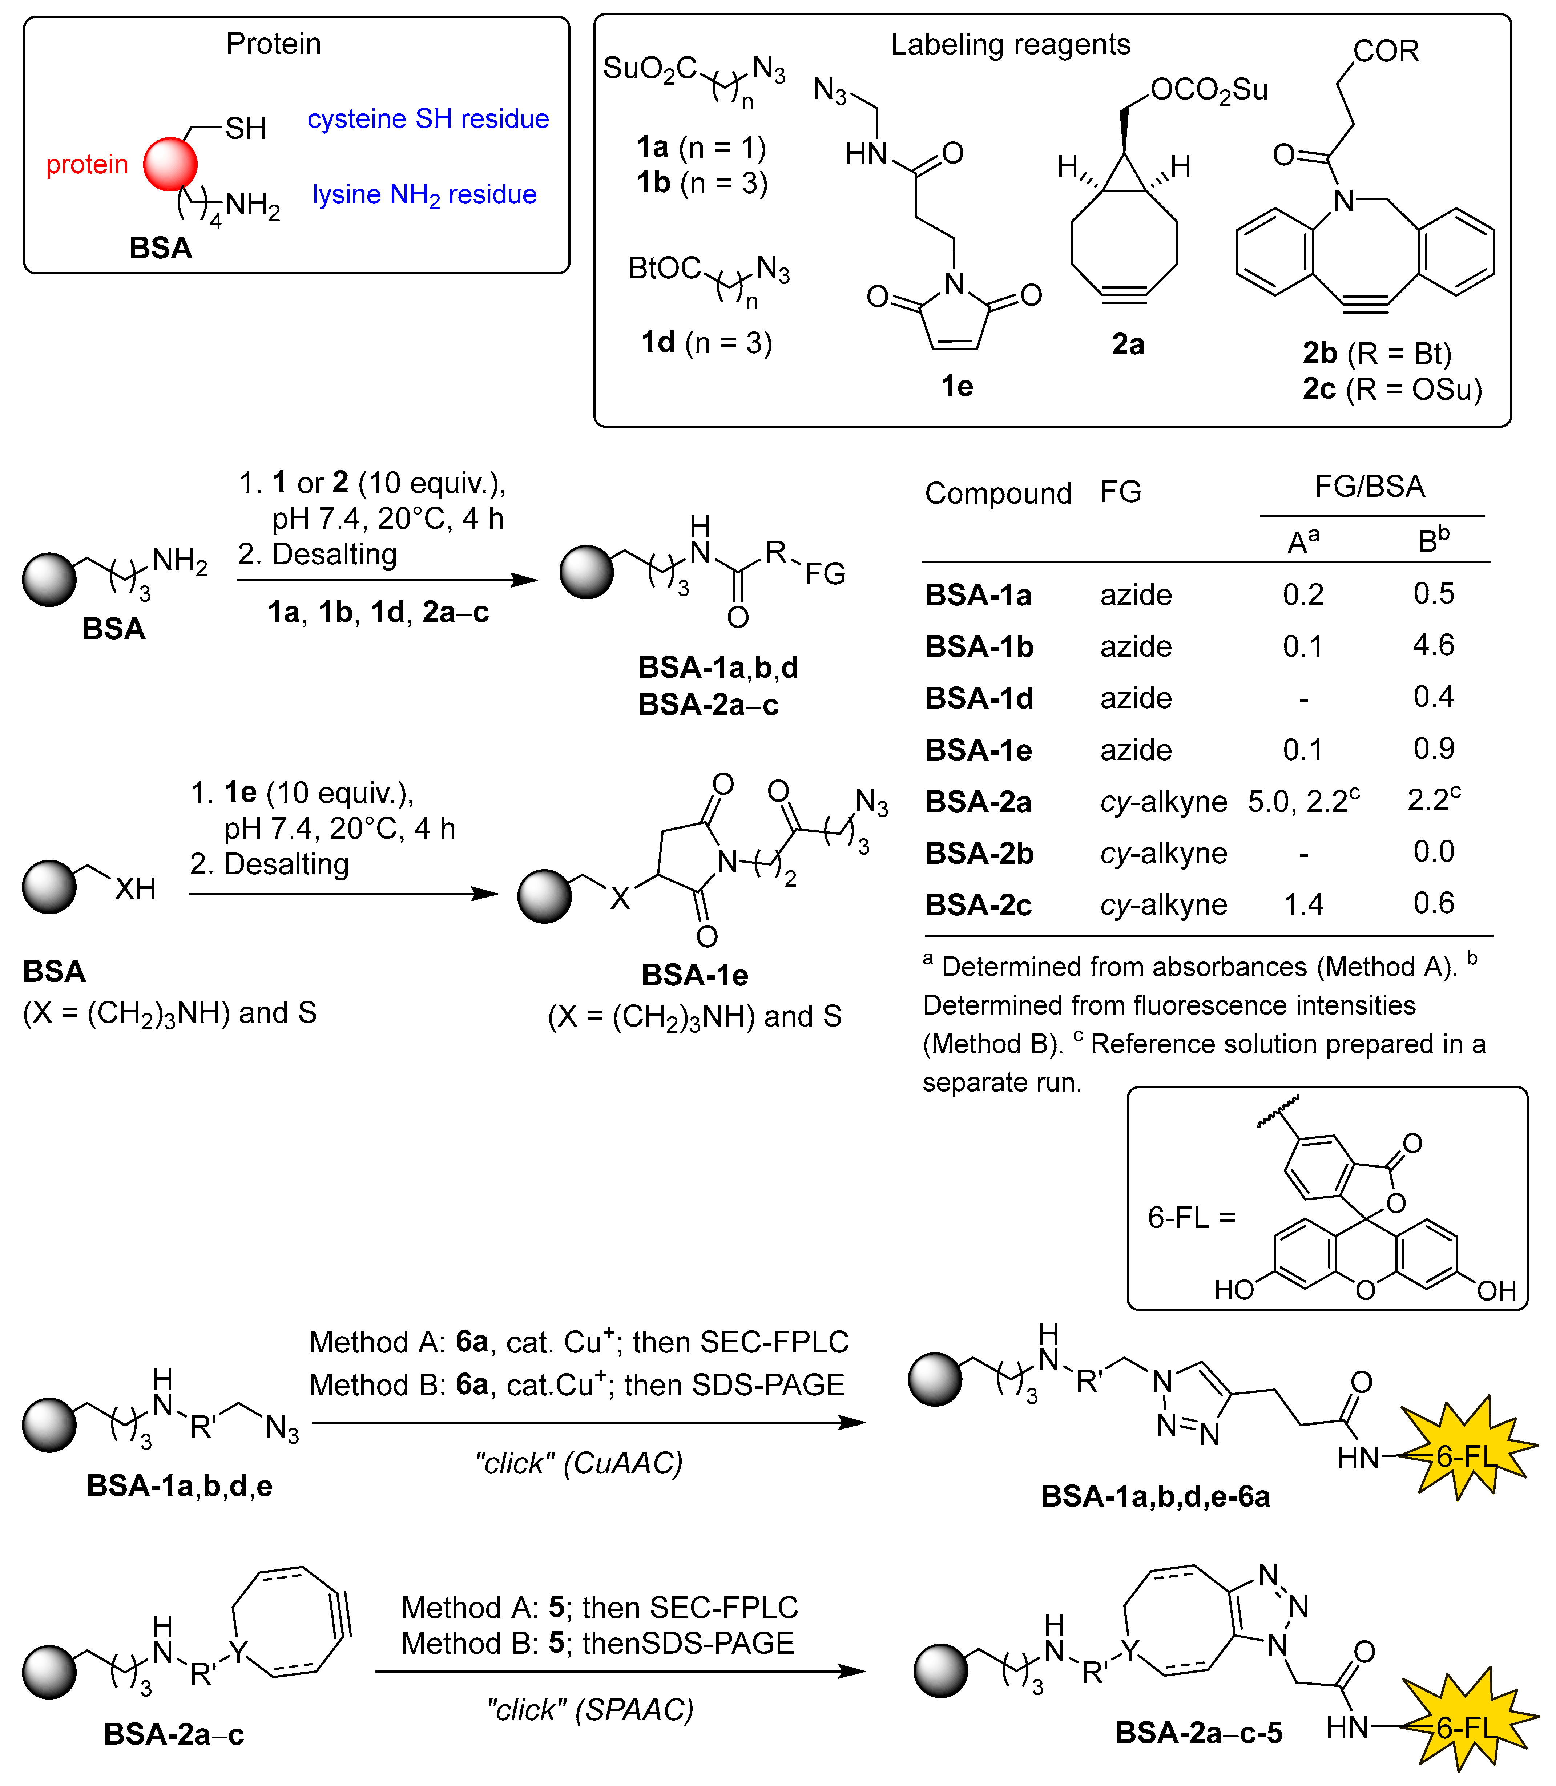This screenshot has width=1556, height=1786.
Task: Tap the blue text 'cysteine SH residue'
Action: coord(428,119)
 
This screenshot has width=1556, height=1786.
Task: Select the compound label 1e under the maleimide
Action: coord(957,386)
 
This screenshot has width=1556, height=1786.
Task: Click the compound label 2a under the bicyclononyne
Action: coord(1128,345)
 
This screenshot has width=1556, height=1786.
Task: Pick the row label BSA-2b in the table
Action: coord(979,854)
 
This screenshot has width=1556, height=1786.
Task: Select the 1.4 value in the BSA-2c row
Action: coord(1303,905)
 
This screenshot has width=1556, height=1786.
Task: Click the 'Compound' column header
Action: coord(998,493)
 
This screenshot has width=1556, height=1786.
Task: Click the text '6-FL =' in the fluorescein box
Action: coord(1190,1217)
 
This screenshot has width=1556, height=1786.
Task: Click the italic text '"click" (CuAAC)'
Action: coord(578,1463)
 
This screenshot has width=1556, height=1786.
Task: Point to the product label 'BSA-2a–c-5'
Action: coord(1198,1732)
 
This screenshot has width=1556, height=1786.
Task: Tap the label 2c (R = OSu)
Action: coord(1392,389)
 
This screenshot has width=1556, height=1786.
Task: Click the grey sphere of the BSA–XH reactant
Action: coord(49,887)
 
